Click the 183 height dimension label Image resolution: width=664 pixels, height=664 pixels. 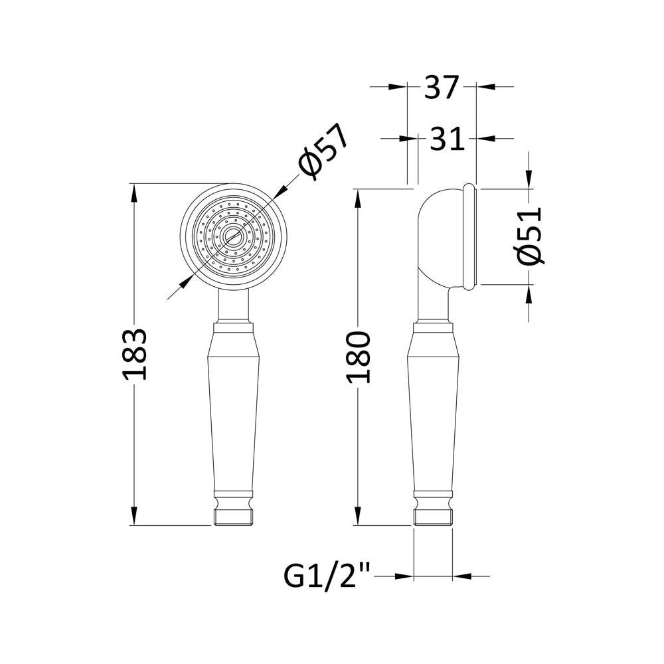[134, 353]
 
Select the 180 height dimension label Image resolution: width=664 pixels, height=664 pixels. [359, 357]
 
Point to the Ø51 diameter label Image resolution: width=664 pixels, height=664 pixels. [529, 236]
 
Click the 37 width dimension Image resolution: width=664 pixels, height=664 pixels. [442, 87]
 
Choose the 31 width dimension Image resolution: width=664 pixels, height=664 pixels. [447, 139]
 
